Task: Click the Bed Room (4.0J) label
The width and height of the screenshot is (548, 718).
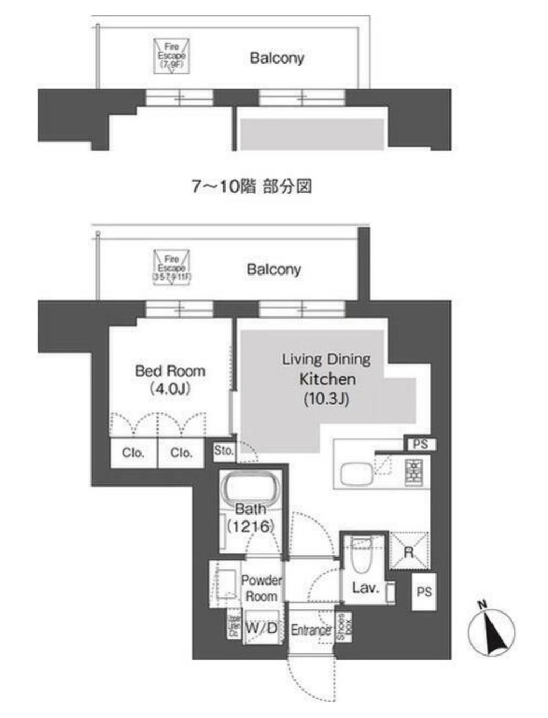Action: click(x=170, y=379)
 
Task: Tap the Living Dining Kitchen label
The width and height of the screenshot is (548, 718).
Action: click(x=327, y=379)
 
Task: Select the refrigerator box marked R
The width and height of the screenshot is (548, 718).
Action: click(x=409, y=551)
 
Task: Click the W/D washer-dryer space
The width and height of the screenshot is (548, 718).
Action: click(x=261, y=627)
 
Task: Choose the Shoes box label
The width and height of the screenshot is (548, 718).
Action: click(x=343, y=627)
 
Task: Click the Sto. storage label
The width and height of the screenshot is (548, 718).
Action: click(x=223, y=450)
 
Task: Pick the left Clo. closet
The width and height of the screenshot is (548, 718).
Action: click(x=133, y=453)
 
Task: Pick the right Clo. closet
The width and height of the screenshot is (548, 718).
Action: click(x=181, y=453)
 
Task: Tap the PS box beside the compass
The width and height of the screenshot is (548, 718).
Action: click(x=424, y=592)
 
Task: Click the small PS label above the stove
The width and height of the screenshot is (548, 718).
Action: click(x=420, y=444)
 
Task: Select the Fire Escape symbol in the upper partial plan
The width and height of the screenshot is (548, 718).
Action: click(x=171, y=55)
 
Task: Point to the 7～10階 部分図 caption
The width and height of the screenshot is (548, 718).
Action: click(x=252, y=186)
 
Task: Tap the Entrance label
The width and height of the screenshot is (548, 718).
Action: click(x=311, y=630)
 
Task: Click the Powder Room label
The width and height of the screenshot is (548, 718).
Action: click(x=261, y=588)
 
